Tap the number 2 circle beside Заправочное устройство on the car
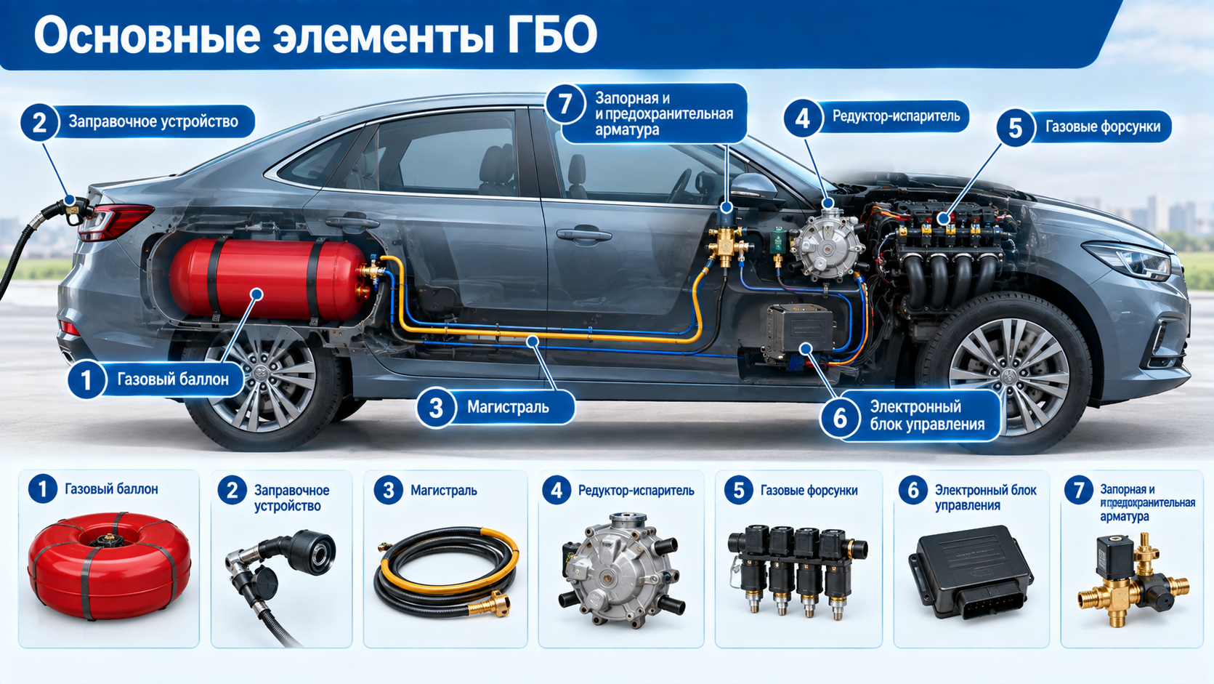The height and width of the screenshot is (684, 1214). click(x=39, y=123)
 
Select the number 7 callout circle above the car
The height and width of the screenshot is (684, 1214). click(x=565, y=103)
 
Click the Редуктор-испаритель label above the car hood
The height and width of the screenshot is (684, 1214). click(x=897, y=116)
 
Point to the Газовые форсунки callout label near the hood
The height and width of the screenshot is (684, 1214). click(x=1102, y=127)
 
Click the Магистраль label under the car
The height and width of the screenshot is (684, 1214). click(x=509, y=407)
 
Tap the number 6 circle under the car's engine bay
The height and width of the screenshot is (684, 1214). click(x=840, y=418)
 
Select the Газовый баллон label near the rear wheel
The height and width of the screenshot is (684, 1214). click(x=173, y=379)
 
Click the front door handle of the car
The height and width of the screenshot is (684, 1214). click(x=584, y=235)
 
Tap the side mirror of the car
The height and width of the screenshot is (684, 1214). click(x=753, y=187)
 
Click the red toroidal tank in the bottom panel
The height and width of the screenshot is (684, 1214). click(x=110, y=566)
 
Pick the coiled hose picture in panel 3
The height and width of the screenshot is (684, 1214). click(x=445, y=571)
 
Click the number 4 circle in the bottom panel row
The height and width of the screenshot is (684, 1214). click(x=557, y=491)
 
